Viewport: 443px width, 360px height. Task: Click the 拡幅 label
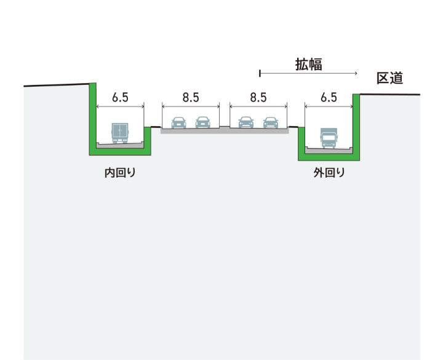[308, 64]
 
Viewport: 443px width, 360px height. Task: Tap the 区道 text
[389, 78]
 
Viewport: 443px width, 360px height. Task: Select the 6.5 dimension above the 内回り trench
[120, 97]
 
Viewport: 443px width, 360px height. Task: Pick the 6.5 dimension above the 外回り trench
[329, 97]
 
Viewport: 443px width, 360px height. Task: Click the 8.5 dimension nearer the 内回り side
[191, 97]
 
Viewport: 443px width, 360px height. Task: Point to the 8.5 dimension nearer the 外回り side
[258, 97]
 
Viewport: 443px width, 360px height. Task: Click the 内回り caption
[119, 173]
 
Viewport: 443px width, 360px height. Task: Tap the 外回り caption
[329, 173]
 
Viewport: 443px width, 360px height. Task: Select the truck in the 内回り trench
[119, 133]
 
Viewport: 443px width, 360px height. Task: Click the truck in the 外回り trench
[329, 138]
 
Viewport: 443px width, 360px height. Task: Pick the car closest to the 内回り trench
[178, 122]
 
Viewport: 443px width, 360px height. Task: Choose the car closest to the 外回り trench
[271, 122]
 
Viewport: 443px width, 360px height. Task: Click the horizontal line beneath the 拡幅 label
[308, 74]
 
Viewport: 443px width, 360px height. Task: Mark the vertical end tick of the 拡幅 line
[260, 74]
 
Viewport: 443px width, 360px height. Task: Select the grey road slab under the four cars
[225, 130]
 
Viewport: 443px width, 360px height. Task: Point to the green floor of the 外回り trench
[329, 156]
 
